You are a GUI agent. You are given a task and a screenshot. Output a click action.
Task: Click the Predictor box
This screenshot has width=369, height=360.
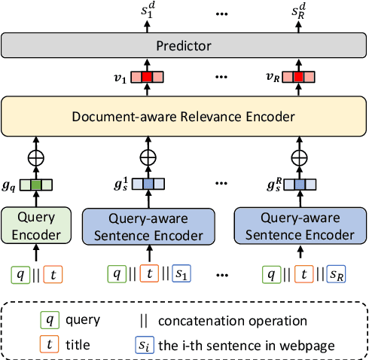click(x=184, y=45)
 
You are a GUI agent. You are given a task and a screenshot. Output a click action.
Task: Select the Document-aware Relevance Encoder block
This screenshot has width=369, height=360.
click(x=184, y=116)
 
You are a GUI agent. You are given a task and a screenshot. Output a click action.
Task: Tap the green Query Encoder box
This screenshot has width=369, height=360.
click(x=35, y=224)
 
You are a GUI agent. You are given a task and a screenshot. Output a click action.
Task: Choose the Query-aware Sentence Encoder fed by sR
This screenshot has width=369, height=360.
click(x=300, y=224)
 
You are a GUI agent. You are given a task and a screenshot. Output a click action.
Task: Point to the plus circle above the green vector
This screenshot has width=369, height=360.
click(x=35, y=158)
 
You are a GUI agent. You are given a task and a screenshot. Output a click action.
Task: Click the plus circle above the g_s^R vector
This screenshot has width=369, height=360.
click(x=300, y=158)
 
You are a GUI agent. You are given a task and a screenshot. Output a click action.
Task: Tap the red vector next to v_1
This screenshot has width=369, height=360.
click(x=148, y=77)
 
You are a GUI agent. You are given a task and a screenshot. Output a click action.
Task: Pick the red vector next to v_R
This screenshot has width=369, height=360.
click(x=300, y=77)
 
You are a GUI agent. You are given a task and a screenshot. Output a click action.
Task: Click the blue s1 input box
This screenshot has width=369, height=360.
click(x=181, y=273)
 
